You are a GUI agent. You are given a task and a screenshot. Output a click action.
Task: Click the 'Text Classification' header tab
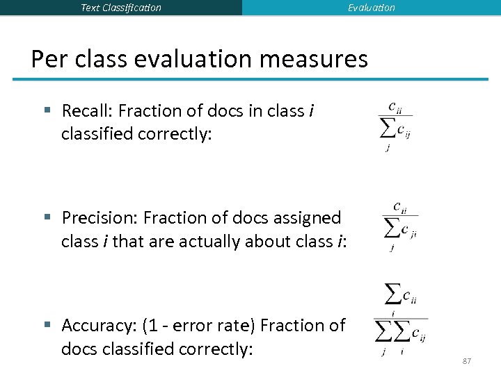tap(121, 8)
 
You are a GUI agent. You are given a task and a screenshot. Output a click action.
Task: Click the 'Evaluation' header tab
tap(372, 8)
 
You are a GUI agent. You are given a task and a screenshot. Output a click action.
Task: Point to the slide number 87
tap(467, 361)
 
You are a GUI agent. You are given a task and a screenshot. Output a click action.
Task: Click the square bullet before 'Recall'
tap(47, 110)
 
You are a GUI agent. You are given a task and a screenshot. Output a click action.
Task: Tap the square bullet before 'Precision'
tap(47, 217)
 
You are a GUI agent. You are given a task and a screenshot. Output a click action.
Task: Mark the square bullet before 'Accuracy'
tap(47, 325)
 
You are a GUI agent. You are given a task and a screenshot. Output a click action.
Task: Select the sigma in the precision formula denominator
tap(391, 227)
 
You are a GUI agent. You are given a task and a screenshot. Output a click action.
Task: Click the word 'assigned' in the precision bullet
tap(313, 217)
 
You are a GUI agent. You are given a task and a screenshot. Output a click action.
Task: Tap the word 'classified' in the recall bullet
tap(95, 134)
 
